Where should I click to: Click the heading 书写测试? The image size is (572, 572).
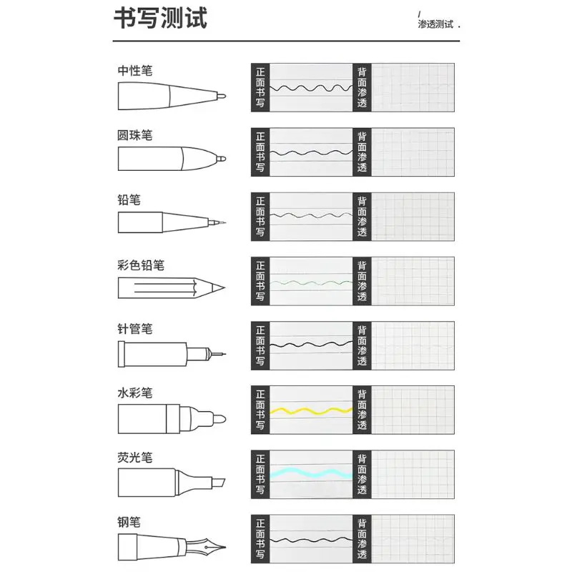click(x=160, y=19)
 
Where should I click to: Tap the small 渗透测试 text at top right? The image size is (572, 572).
click(x=435, y=24)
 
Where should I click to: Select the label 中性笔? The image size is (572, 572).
click(x=135, y=70)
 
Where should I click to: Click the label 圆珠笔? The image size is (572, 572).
click(x=134, y=135)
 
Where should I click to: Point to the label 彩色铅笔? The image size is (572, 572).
click(x=141, y=265)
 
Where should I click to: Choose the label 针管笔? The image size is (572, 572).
click(x=135, y=329)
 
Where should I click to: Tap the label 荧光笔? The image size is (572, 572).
click(x=135, y=458)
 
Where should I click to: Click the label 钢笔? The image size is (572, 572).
click(x=129, y=522)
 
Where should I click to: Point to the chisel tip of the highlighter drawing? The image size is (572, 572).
click(x=219, y=483)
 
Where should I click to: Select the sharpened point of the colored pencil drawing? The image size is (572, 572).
click(x=219, y=287)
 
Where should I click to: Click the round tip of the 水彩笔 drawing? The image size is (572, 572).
click(x=220, y=419)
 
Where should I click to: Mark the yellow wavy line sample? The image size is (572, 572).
click(x=311, y=410)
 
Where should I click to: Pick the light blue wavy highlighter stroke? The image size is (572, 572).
click(x=311, y=473)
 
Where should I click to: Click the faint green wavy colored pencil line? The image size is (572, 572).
click(x=311, y=282)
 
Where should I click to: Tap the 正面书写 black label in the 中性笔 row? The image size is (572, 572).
click(x=260, y=87)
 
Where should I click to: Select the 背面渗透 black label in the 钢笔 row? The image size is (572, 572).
click(x=362, y=539)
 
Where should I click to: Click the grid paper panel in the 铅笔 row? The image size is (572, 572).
click(x=413, y=217)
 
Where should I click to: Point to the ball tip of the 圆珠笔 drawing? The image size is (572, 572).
click(x=222, y=159)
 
